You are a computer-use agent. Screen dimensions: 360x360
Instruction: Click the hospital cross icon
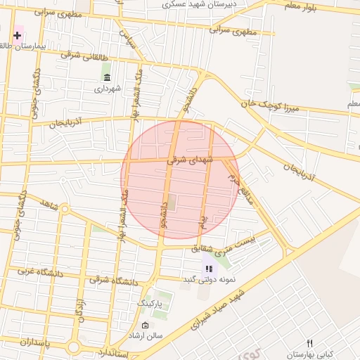pos(17,35)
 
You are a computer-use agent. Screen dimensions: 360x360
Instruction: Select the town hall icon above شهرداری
pos(107,77)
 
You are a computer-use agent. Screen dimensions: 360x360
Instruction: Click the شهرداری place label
pos(108,89)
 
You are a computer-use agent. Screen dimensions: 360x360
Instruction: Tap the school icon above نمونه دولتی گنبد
pos(209,269)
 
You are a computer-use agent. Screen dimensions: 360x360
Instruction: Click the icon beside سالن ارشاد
pos(145,326)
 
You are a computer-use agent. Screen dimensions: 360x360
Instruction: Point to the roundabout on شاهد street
pos(65,209)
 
